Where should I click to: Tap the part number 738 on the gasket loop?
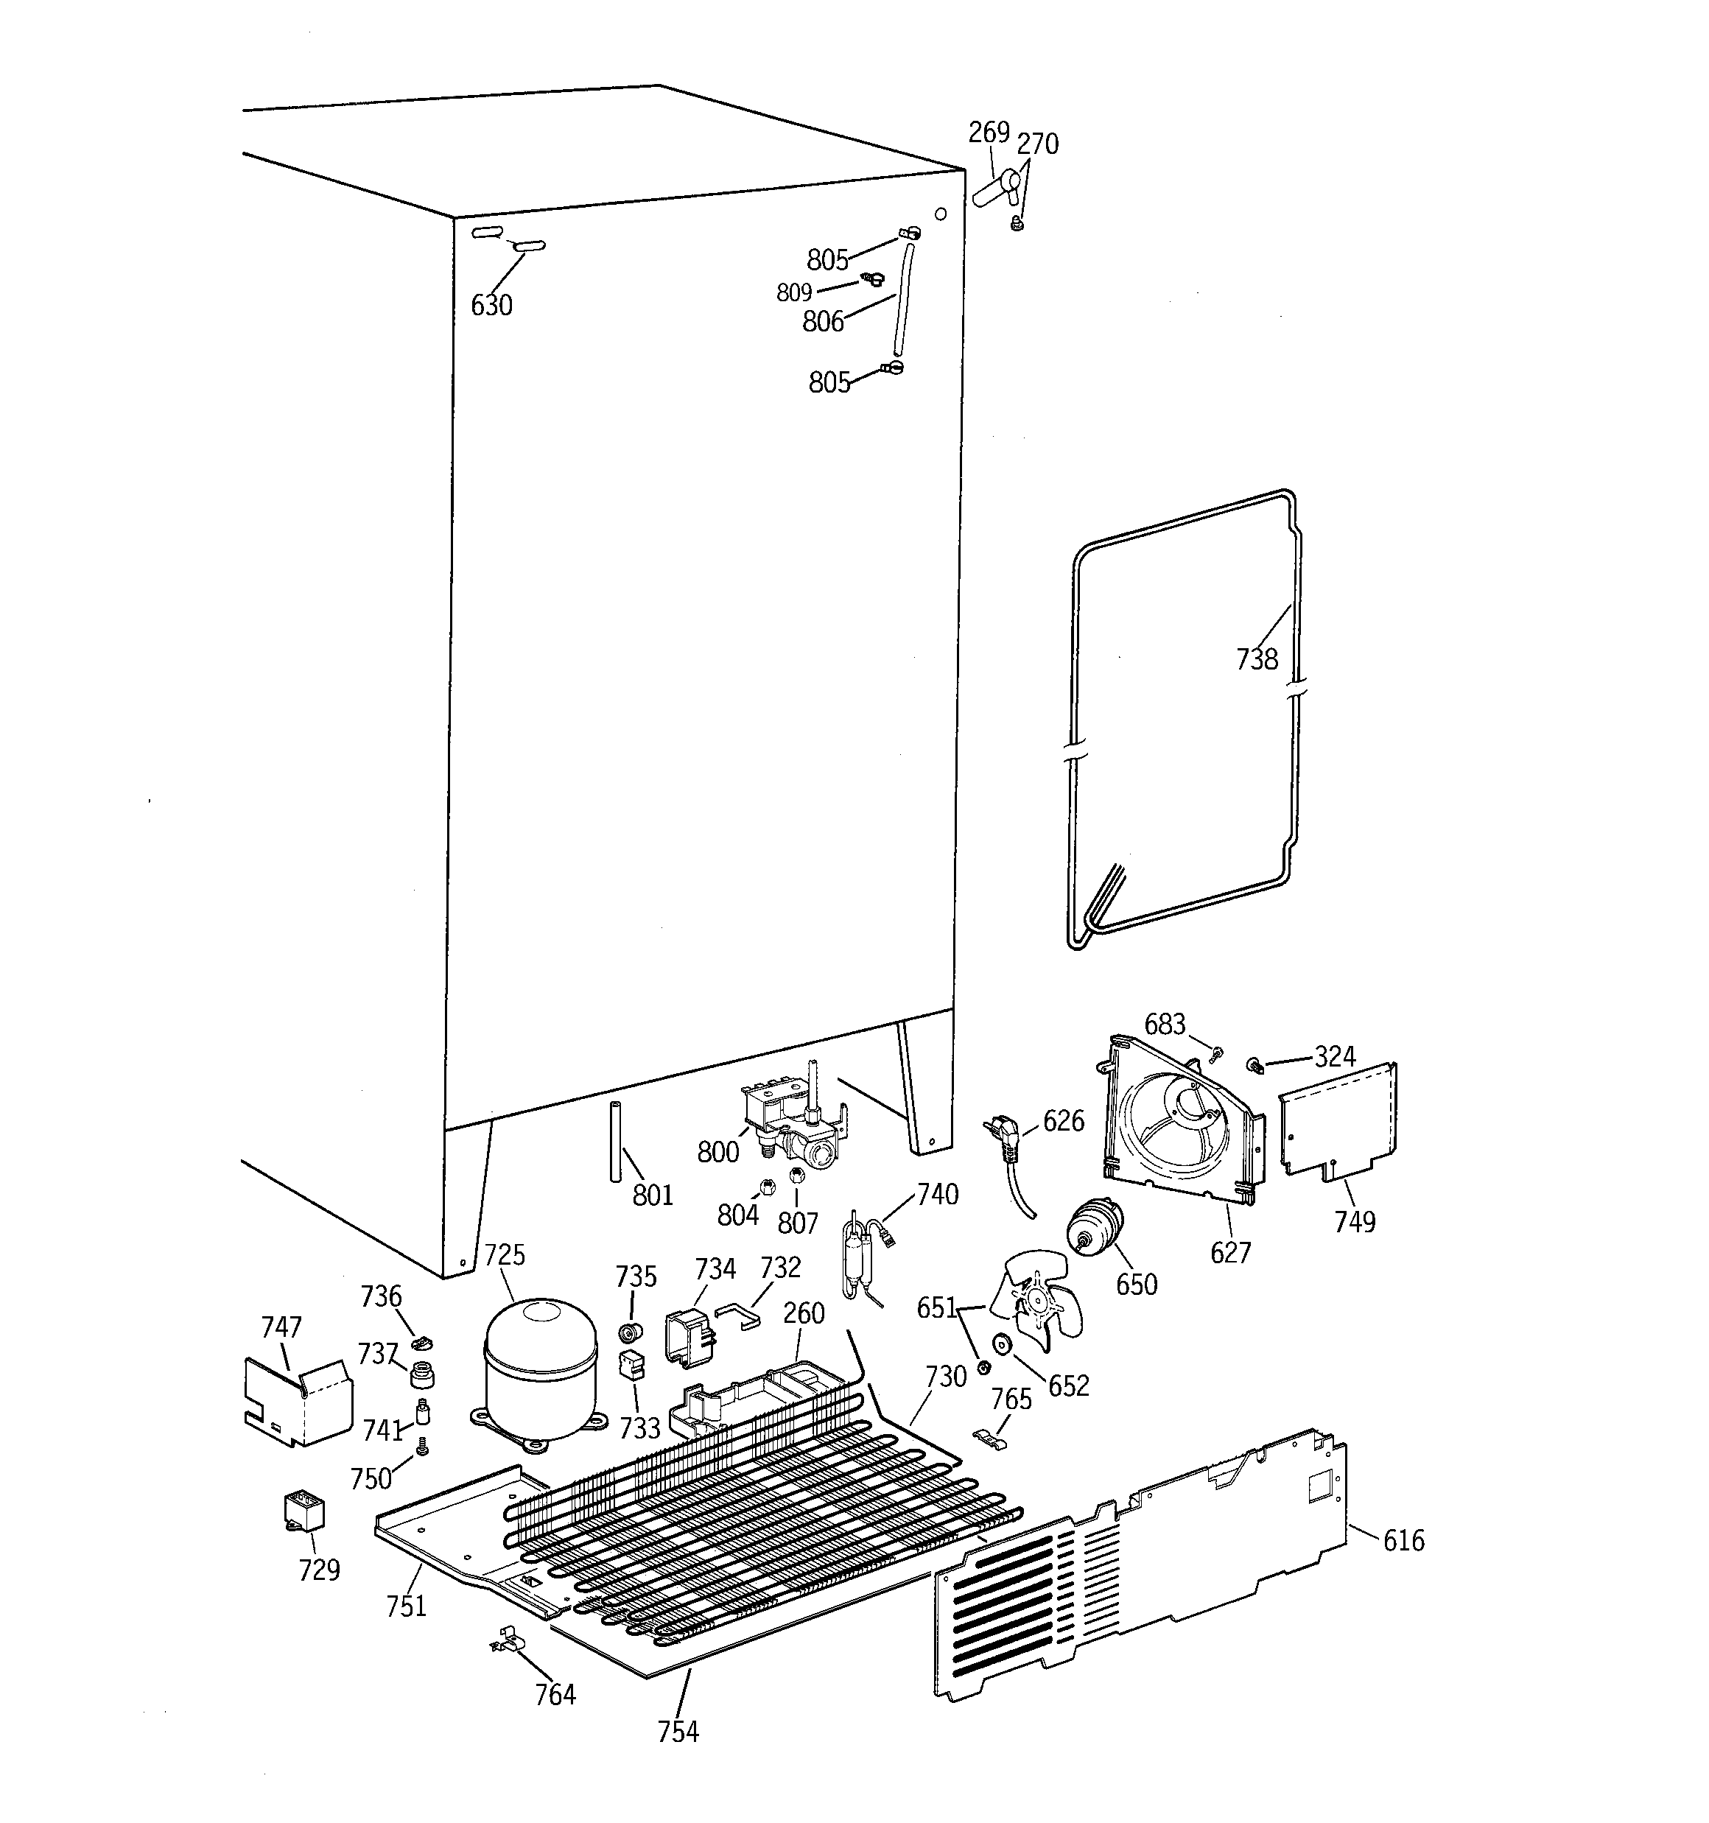1256,658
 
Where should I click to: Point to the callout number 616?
1403,1541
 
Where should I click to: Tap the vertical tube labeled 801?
614,1142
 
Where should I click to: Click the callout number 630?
491,306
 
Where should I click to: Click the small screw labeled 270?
1017,223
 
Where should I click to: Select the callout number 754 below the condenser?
678,1732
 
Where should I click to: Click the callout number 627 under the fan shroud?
1230,1251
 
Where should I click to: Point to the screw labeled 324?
1253,1064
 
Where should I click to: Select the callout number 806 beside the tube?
822,321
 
